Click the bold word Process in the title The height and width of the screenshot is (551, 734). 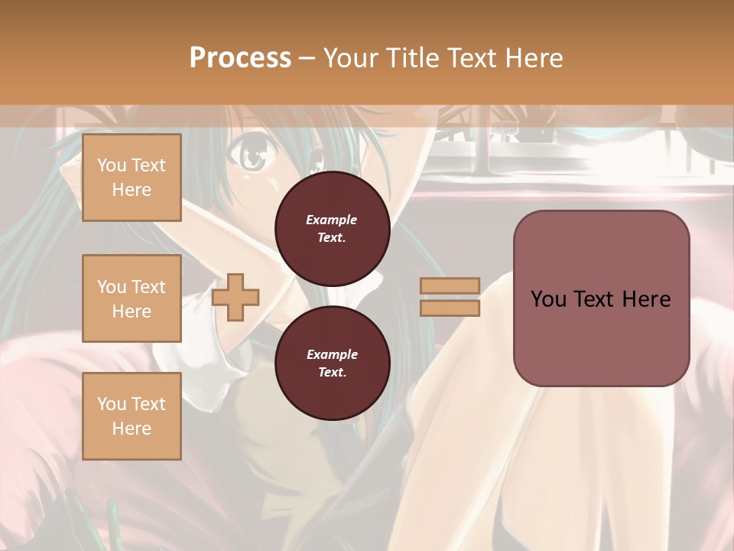pos(240,57)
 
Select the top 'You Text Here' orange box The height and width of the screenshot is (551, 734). pos(132,178)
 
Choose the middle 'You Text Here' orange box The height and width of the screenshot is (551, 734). pos(132,298)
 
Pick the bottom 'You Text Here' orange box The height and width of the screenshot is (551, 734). pos(132,416)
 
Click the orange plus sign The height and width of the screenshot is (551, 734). pos(235,297)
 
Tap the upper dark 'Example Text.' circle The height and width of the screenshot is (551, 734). pos(332,229)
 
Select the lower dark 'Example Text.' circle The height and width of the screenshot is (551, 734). pos(332,364)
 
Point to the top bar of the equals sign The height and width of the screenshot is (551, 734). pos(450,285)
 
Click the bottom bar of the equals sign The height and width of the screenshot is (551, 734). pos(450,308)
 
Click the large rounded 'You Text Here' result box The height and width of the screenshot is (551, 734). pos(601,298)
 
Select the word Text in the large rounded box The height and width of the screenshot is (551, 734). pos(594,298)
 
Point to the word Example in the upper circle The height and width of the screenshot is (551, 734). pos(332,220)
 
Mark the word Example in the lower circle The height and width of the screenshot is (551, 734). pos(332,354)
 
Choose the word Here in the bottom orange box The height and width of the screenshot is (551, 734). pos(132,429)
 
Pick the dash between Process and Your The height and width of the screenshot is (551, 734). pos(307,58)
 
